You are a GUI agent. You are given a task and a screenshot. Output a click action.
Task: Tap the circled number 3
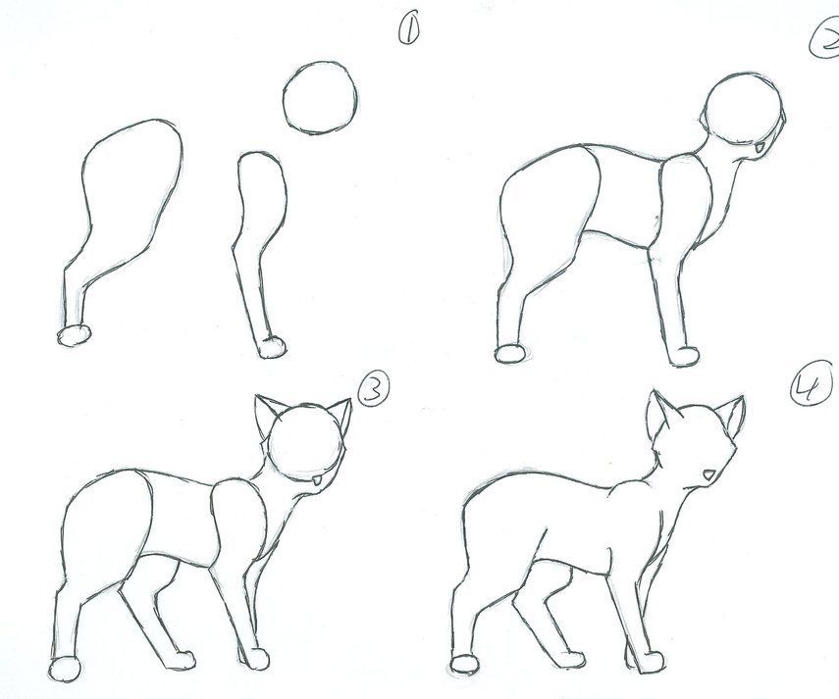(372, 390)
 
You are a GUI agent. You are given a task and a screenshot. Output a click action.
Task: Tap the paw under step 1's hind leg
(75, 335)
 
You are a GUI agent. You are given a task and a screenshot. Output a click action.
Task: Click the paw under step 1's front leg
(270, 345)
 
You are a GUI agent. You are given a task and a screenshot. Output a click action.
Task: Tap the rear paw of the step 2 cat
(510, 352)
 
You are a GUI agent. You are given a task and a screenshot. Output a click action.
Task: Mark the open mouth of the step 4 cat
(708, 476)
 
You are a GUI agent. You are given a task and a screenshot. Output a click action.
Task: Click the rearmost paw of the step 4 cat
(464, 664)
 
